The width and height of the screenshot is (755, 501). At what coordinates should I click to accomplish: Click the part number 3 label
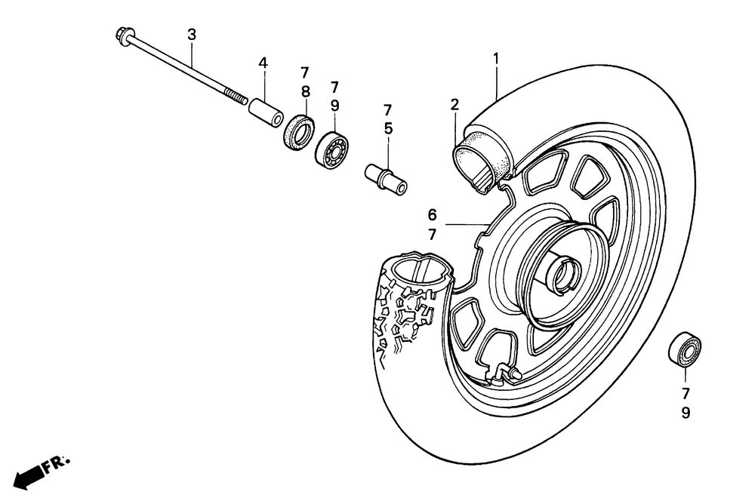pyautogui.click(x=192, y=34)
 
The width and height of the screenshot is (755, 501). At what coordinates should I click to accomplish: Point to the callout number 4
pyautogui.click(x=263, y=63)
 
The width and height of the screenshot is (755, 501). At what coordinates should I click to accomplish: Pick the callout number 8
pyautogui.click(x=305, y=92)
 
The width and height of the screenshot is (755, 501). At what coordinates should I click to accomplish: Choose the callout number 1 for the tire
pyautogui.click(x=497, y=57)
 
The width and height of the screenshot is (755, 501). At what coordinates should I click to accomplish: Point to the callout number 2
pyautogui.click(x=455, y=105)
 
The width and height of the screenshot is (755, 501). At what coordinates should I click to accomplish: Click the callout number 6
pyautogui.click(x=433, y=215)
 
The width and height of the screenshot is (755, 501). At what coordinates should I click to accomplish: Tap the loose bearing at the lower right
pyautogui.click(x=685, y=349)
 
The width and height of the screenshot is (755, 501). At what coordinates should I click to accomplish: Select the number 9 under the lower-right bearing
pyautogui.click(x=686, y=413)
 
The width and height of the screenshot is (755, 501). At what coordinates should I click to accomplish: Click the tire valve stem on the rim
pyautogui.click(x=505, y=372)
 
